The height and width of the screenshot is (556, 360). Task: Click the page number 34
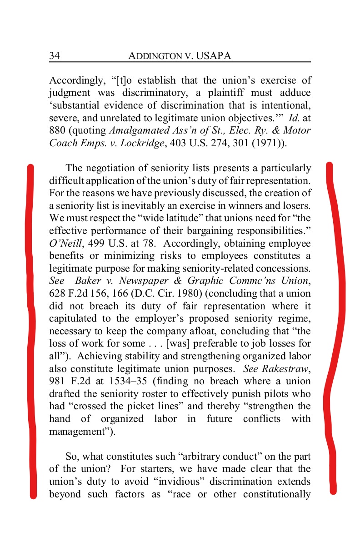tap(55, 56)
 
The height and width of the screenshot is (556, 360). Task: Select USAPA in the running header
tap(214, 56)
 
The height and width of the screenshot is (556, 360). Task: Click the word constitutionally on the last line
tap(277, 494)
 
